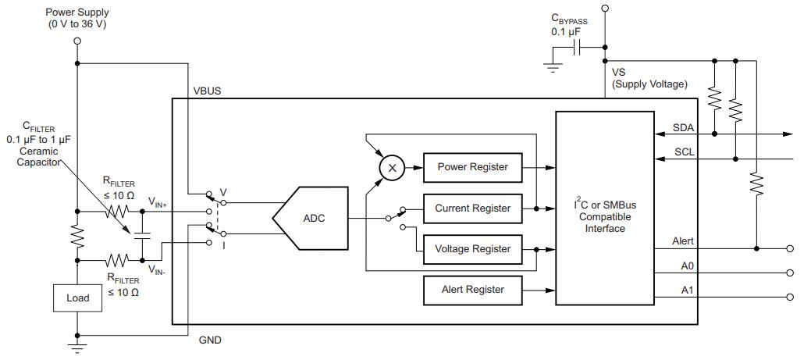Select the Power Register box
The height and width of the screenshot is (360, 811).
pyautogui.click(x=472, y=168)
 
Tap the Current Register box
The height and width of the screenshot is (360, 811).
pyautogui.click(x=472, y=209)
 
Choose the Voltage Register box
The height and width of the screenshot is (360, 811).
pyautogui.click(x=472, y=249)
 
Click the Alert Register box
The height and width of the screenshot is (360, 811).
pyautogui.click(x=472, y=290)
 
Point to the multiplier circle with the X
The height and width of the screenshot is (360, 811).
pyautogui.click(x=392, y=168)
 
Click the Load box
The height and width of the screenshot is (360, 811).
pyautogui.click(x=77, y=298)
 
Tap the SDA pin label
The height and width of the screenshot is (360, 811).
pyautogui.click(x=683, y=127)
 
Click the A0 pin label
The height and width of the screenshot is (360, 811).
pyautogui.click(x=687, y=266)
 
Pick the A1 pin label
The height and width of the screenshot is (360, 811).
pyautogui.click(x=687, y=290)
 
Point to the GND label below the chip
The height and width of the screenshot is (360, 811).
pyautogui.click(x=210, y=340)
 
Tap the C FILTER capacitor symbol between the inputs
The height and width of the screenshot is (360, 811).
pyautogui.click(x=142, y=237)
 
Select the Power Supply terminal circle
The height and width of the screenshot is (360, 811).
pyautogui.click(x=77, y=41)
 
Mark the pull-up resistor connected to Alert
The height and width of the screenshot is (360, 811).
pyautogui.click(x=756, y=184)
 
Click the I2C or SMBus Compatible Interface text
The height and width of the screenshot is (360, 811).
pyautogui.click(x=605, y=217)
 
